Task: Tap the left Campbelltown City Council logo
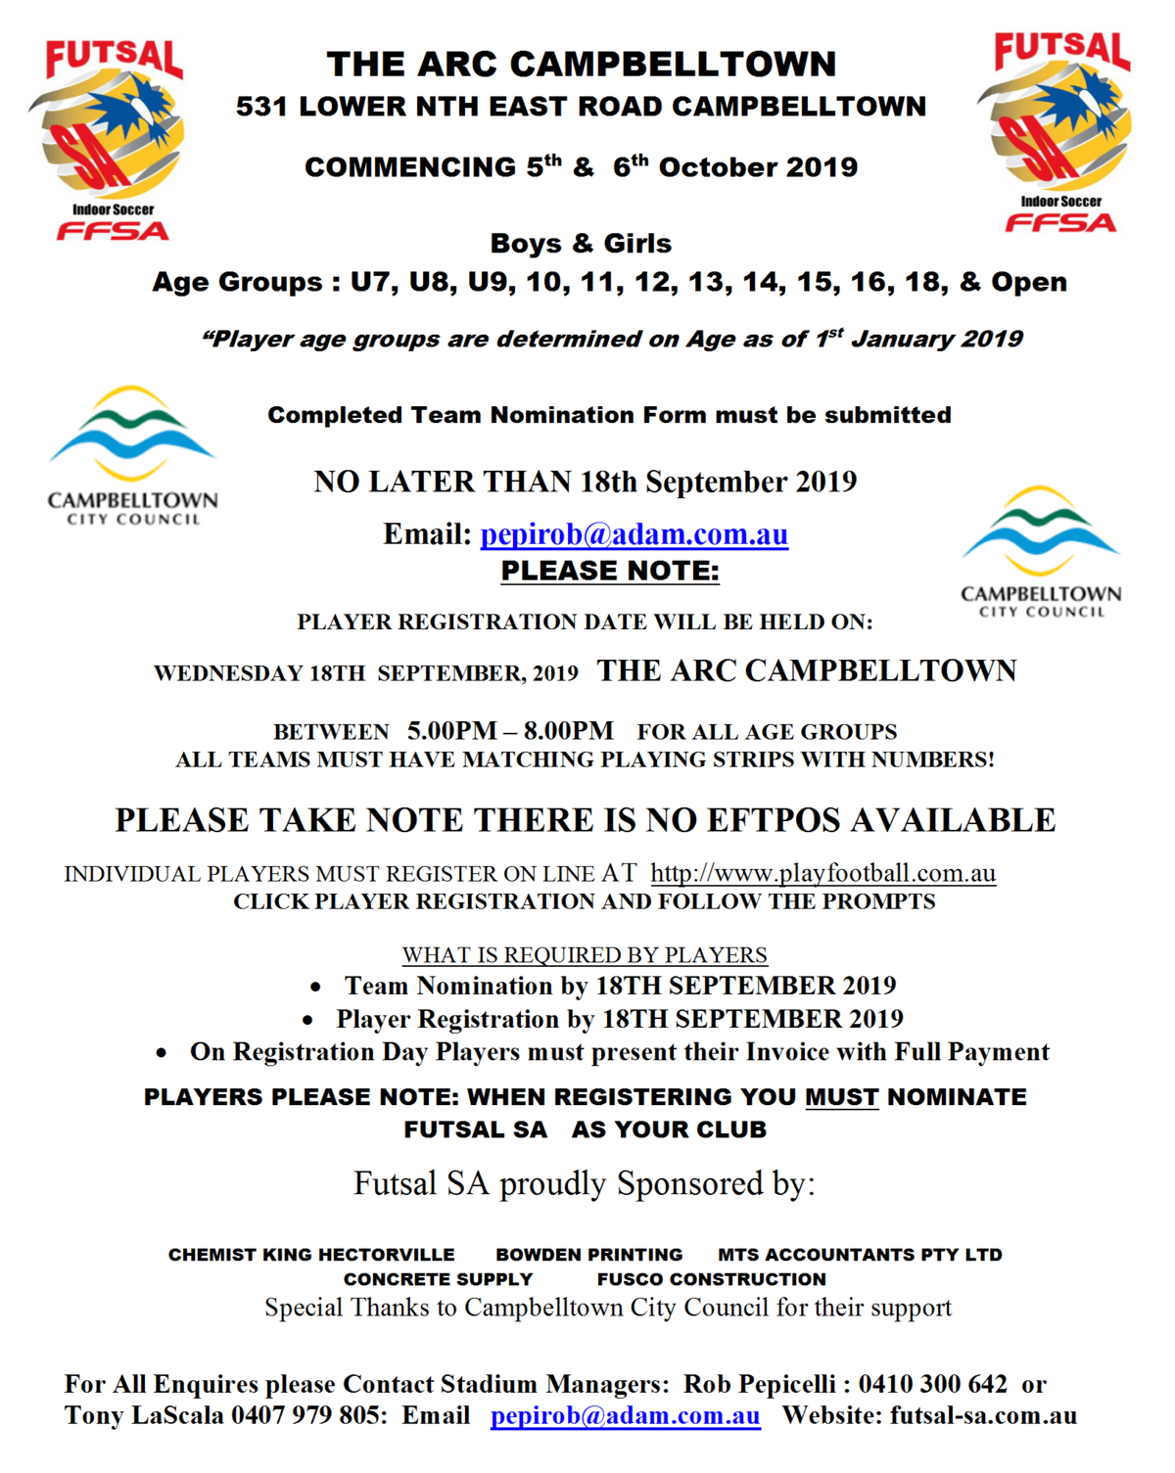(x=132, y=456)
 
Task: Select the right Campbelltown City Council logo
(x=1041, y=552)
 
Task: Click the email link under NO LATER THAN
(x=634, y=534)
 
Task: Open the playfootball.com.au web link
(x=822, y=873)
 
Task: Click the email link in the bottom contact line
(x=625, y=1415)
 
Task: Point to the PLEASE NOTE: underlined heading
(x=610, y=571)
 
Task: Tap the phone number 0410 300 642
(x=932, y=1384)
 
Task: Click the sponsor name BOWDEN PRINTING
(x=588, y=1255)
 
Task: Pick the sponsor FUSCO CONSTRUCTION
(x=711, y=1279)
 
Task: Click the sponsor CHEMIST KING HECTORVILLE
(x=311, y=1255)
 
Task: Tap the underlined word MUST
(x=841, y=1097)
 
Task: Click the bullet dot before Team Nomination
(x=315, y=987)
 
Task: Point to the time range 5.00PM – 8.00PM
(x=510, y=731)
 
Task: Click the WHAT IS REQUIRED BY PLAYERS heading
(x=585, y=954)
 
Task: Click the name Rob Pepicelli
(x=760, y=1384)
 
